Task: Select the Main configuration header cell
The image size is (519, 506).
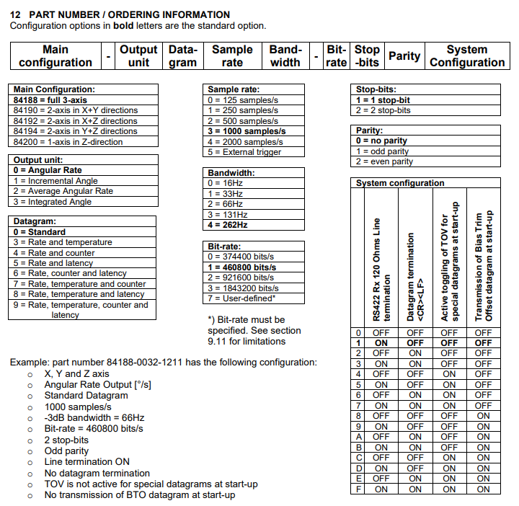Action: [56, 56]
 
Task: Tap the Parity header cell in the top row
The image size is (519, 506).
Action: [404, 56]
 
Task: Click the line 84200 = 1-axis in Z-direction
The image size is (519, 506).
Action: [68, 142]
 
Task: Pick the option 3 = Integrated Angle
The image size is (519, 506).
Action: [52, 202]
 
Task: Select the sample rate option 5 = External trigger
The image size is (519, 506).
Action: [243, 152]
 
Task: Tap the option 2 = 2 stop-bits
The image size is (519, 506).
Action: [383, 110]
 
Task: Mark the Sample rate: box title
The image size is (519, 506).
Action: [233, 89]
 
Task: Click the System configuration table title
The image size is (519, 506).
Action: [400, 183]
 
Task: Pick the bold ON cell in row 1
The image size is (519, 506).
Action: [381, 343]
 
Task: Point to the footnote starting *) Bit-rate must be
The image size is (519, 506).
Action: [246, 319]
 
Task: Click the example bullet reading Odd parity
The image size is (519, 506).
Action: [67, 450]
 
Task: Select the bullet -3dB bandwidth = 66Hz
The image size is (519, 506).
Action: [94, 417]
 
